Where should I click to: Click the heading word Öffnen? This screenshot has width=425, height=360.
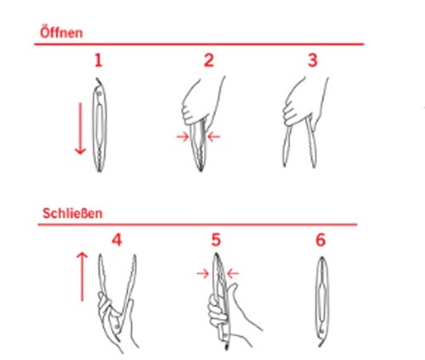(61, 32)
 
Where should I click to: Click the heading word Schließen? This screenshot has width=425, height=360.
(72, 213)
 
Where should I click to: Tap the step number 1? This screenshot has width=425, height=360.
(99, 60)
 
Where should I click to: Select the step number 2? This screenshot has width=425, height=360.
(209, 60)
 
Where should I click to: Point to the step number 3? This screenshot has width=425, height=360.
(313, 60)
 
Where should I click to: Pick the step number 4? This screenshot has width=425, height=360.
(116, 240)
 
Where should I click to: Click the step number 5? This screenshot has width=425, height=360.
(216, 240)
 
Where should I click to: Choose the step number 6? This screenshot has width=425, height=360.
(320, 240)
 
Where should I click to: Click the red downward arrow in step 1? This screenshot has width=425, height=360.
(80, 129)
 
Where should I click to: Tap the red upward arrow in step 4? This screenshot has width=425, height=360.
(82, 277)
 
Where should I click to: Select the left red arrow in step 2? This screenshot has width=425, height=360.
(183, 137)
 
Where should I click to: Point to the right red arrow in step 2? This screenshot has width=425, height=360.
(214, 137)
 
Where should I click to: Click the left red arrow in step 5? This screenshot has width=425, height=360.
(203, 273)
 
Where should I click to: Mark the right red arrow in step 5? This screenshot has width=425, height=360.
(233, 273)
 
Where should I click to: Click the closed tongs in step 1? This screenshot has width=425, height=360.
(99, 125)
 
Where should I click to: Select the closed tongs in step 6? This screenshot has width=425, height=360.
(322, 301)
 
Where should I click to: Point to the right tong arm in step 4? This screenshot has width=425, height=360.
(128, 286)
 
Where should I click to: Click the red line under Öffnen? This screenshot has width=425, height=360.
(199, 44)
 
